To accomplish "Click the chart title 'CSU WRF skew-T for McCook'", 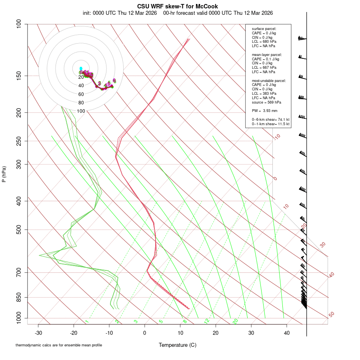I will pos(178,6).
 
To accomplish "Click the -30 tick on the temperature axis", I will pos(38,333).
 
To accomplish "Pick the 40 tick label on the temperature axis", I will pos(286,333).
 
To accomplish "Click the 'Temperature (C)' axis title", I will pos(178,345).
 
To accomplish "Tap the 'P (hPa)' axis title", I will pos(4,174).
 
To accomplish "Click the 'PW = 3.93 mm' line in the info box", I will pos(264,110).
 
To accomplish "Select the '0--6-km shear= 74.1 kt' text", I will pos(271,120).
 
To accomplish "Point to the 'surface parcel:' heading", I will pos(264,29).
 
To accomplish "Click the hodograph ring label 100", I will pos(81,111).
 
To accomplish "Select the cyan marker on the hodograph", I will pos(81,68).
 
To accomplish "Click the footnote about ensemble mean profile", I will pos(59,345).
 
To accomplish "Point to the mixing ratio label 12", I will pos(207,321).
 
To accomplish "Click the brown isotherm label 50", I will pos(331,315).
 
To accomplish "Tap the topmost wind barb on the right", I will pos(302,38).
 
